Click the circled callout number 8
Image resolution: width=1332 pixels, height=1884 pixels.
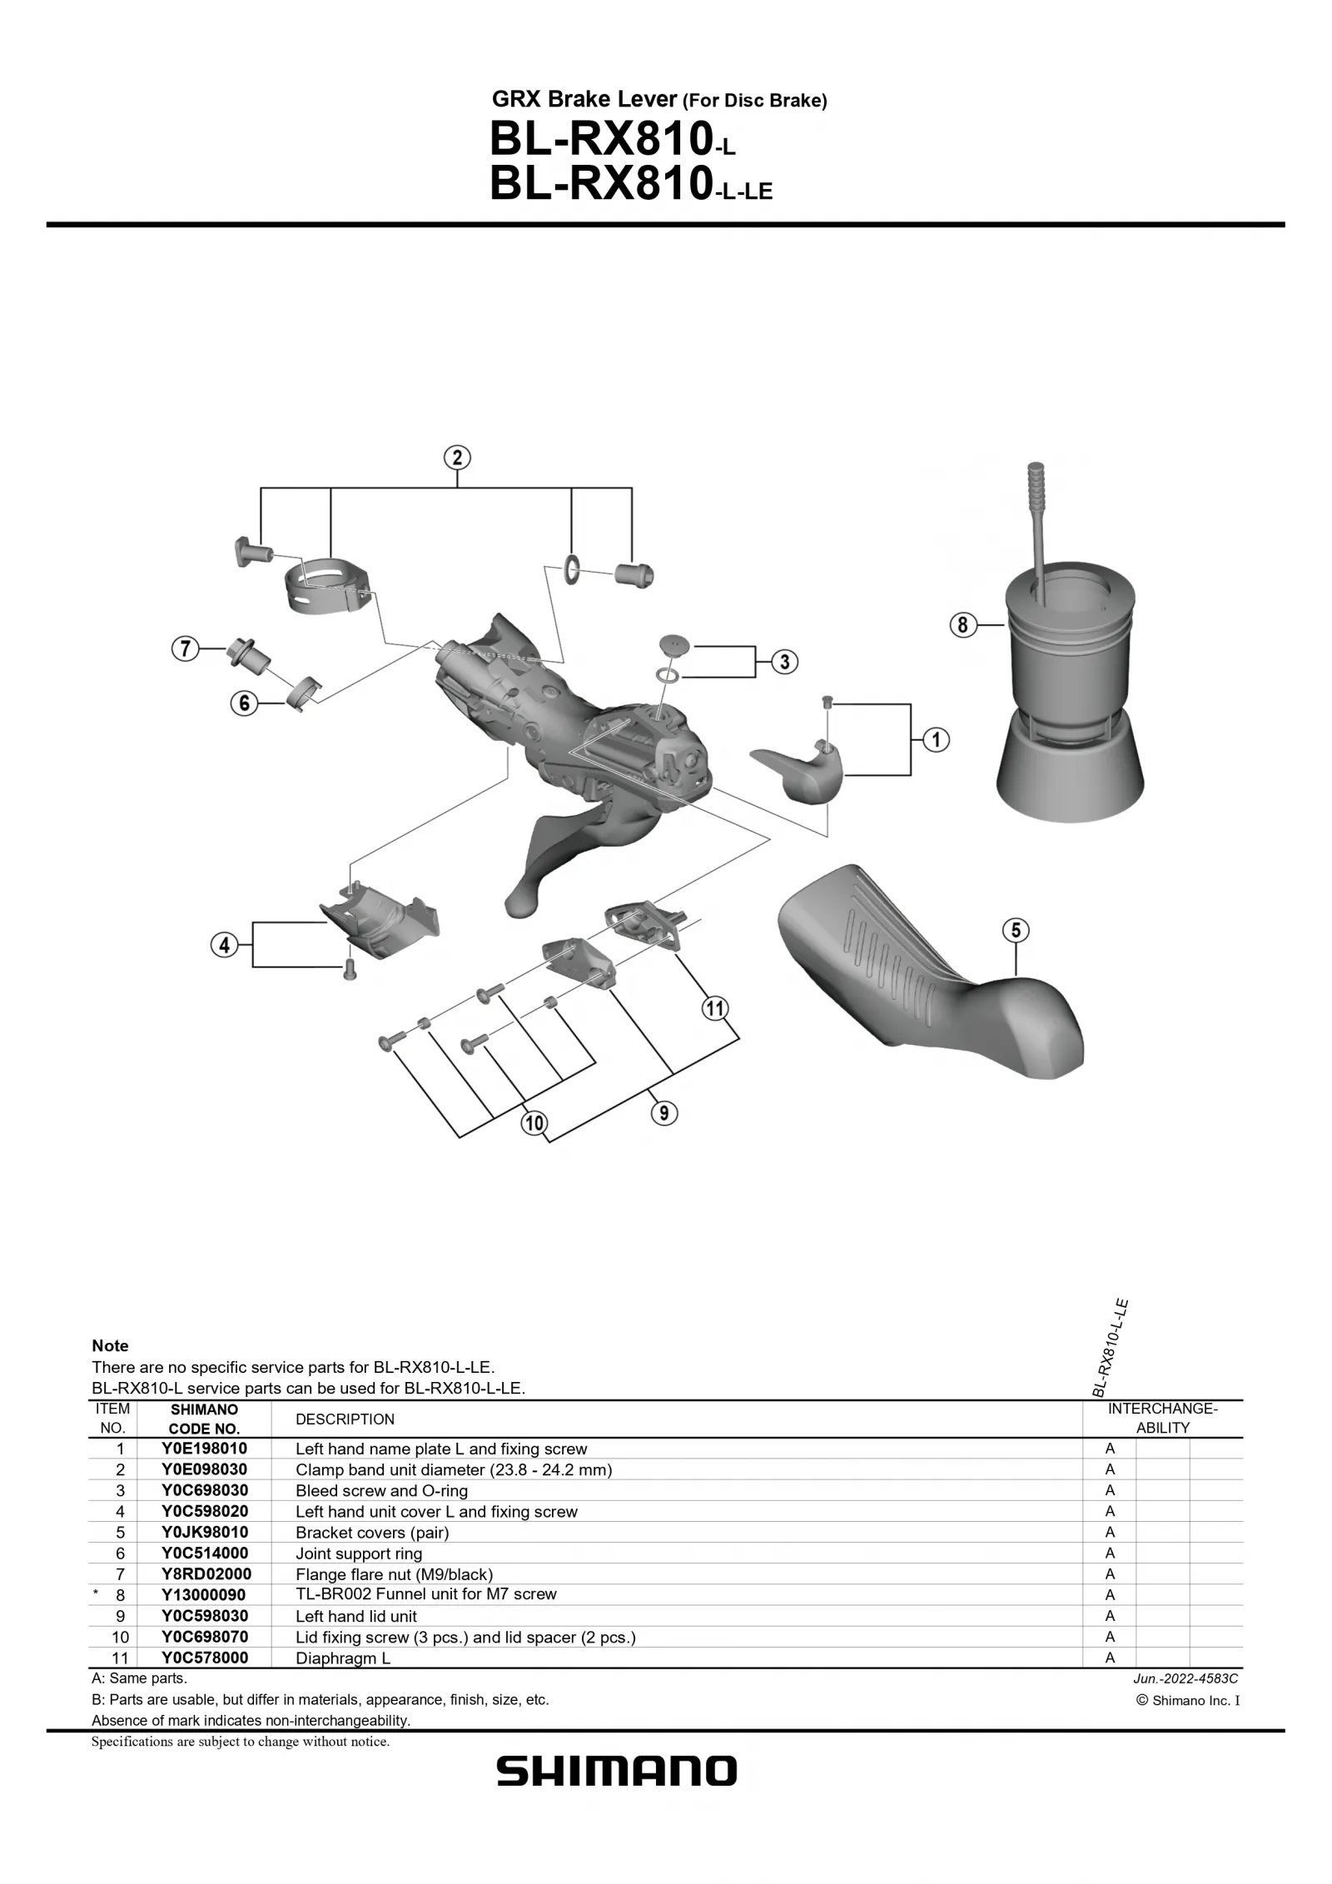pyautogui.click(x=962, y=624)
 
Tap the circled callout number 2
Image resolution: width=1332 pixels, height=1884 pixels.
pyautogui.click(x=457, y=458)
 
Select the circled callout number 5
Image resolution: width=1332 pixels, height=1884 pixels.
pyautogui.click(x=1016, y=930)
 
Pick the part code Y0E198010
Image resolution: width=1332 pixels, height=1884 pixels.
pyautogui.click(x=204, y=1449)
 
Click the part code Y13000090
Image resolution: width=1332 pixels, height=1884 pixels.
pyautogui.click(x=204, y=1594)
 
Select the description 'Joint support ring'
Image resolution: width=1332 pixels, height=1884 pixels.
pyautogui.click(x=359, y=1553)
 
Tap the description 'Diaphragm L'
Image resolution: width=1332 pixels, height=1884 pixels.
pyautogui.click(x=343, y=1658)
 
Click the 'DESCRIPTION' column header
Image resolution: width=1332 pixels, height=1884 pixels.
pyautogui.click(x=345, y=1419)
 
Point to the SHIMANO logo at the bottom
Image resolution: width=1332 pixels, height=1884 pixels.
pyautogui.click(x=617, y=1772)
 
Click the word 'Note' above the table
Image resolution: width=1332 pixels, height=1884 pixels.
pyautogui.click(x=110, y=1346)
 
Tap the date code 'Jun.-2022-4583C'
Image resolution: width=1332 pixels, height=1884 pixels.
pyautogui.click(x=1185, y=1679)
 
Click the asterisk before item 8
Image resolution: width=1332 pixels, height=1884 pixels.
pyautogui.click(x=96, y=1594)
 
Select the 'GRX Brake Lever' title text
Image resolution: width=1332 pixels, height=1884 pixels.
pyautogui.click(x=584, y=100)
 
